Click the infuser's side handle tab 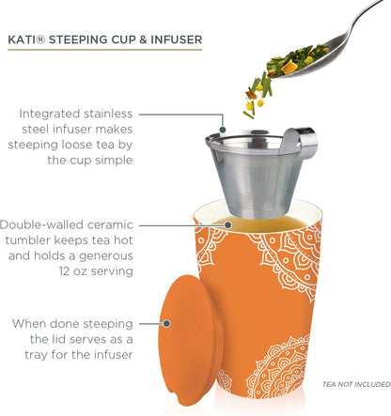302,142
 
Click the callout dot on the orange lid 166,323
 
